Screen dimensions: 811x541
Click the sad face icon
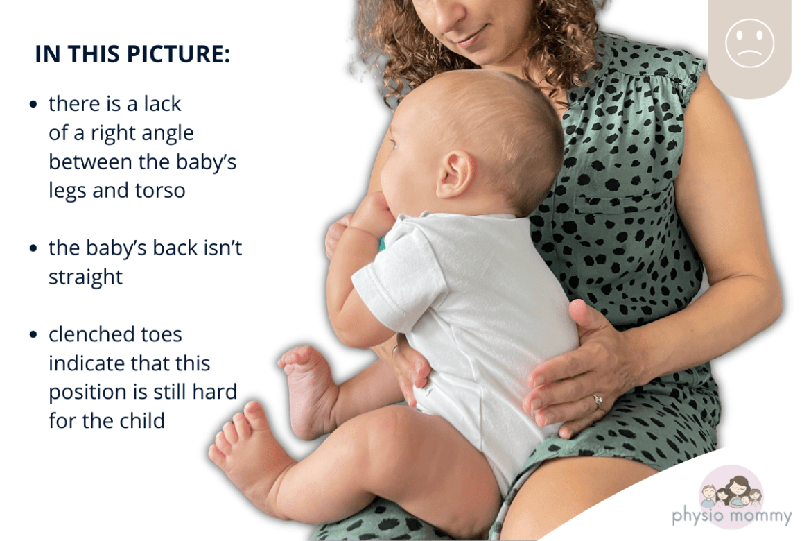pos(749,43)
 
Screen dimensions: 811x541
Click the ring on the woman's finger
pos(598,400)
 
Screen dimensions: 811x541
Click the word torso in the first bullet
pos(160,191)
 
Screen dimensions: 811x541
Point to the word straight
pos(85,277)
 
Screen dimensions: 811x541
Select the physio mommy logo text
pos(732,515)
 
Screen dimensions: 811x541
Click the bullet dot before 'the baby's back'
pos(34,248)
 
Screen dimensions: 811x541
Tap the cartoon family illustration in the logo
pos(731,491)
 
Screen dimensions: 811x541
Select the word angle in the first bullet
pos(168,134)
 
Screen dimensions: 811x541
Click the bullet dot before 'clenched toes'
pos(34,335)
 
